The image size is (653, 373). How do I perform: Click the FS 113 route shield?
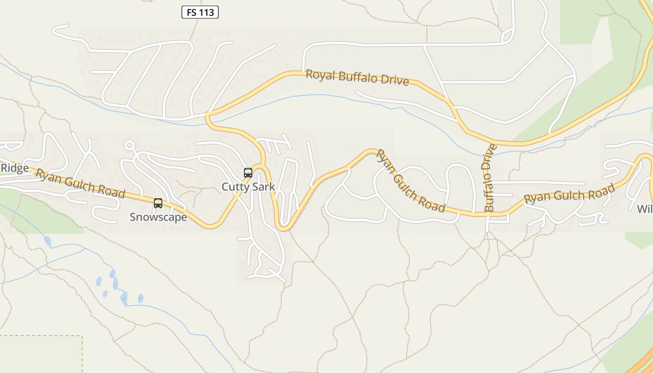coord(200,13)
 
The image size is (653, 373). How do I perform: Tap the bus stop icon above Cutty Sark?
coord(248,173)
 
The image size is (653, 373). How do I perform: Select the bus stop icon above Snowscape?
coord(158,203)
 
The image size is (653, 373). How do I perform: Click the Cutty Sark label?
coord(248,187)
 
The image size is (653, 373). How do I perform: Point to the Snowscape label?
coord(158,217)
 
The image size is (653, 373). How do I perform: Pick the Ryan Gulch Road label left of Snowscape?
coord(80,183)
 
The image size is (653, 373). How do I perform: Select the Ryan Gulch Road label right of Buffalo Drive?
coord(569,193)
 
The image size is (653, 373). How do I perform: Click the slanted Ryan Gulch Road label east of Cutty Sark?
coord(410,181)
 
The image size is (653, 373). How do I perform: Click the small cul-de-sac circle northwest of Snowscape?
coord(130,145)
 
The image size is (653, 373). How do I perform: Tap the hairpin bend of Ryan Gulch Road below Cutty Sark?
coord(283,228)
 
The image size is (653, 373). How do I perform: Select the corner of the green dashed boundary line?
coord(82,336)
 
